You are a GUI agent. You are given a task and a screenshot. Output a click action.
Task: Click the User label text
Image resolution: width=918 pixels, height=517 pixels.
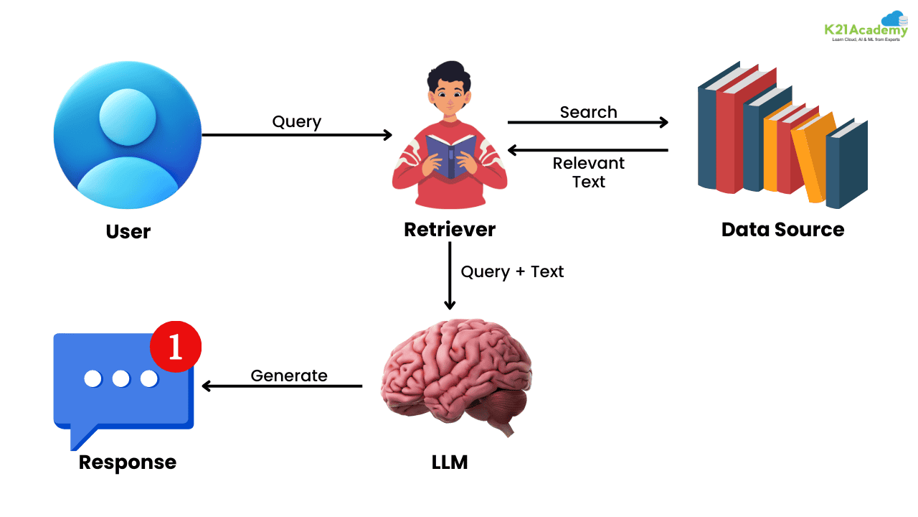coord(128,231)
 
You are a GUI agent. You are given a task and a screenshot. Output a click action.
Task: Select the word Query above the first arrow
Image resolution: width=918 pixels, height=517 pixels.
coord(296,121)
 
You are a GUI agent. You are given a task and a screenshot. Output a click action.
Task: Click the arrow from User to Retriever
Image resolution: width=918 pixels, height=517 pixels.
coord(297,135)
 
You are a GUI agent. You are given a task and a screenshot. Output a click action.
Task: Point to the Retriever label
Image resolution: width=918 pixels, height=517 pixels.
coord(450,229)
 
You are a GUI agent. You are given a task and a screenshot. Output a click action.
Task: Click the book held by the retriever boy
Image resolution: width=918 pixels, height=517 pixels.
coord(450,154)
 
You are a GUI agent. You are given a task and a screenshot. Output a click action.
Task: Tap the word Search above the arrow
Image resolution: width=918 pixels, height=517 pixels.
coord(588,112)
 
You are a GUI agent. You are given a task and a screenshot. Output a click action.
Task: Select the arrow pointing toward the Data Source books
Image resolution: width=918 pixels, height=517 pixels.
coord(588,122)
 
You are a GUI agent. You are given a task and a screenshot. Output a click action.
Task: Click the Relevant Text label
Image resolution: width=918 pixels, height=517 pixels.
coord(588,172)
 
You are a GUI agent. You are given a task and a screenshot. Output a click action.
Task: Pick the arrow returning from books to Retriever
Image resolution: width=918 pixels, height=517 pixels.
coord(588,150)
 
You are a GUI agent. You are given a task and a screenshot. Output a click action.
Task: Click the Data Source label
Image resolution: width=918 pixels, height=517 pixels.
coord(782,229)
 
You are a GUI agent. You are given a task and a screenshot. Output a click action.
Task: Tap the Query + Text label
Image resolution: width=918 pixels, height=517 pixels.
coord(512,271)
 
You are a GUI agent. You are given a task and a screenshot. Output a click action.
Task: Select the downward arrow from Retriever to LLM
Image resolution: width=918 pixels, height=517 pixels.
coord(450,276)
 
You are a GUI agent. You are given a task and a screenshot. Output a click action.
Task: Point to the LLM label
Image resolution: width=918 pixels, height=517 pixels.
coord(450,462)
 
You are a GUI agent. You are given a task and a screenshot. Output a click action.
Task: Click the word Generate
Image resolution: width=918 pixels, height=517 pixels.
coord(289,376)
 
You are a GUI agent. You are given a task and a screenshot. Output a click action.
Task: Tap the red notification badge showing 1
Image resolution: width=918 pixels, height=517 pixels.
coord(176,347)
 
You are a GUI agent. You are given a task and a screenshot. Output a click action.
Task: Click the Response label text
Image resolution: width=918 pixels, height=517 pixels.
coord(128,462)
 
